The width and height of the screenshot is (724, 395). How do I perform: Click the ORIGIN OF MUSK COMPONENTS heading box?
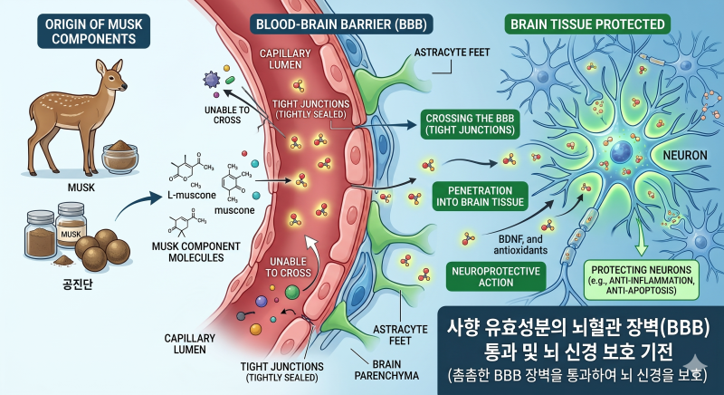pos(94,32)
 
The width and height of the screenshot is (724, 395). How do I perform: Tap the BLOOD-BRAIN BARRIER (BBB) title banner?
pos(341,24)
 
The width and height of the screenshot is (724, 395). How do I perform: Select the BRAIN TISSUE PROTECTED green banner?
pos(587,24)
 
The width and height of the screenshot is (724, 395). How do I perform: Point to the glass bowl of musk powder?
pos(120,157)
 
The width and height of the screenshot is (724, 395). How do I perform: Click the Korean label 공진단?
pos(78,284)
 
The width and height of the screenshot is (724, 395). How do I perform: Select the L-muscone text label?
pos(192,195)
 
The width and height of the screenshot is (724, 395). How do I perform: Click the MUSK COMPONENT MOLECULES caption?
pos(196,252)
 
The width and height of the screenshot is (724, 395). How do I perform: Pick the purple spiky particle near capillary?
pos(212,80)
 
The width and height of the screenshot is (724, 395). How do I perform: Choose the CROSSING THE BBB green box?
pos(470,124)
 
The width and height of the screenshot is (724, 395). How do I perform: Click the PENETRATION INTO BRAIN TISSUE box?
pos(481,196)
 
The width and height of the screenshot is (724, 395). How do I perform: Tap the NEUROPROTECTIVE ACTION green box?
pos(496,276)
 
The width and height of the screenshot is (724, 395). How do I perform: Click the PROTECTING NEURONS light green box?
pos(642,280)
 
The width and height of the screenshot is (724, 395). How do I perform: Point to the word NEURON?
pos(685,155)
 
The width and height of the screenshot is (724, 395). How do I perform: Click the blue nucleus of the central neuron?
pos(621,151)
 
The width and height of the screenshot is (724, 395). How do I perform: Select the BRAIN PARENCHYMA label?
pos(386,370)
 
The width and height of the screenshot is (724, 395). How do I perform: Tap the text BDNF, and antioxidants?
pos(520,245)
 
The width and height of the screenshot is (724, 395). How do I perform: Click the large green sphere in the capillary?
pos(291,292)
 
